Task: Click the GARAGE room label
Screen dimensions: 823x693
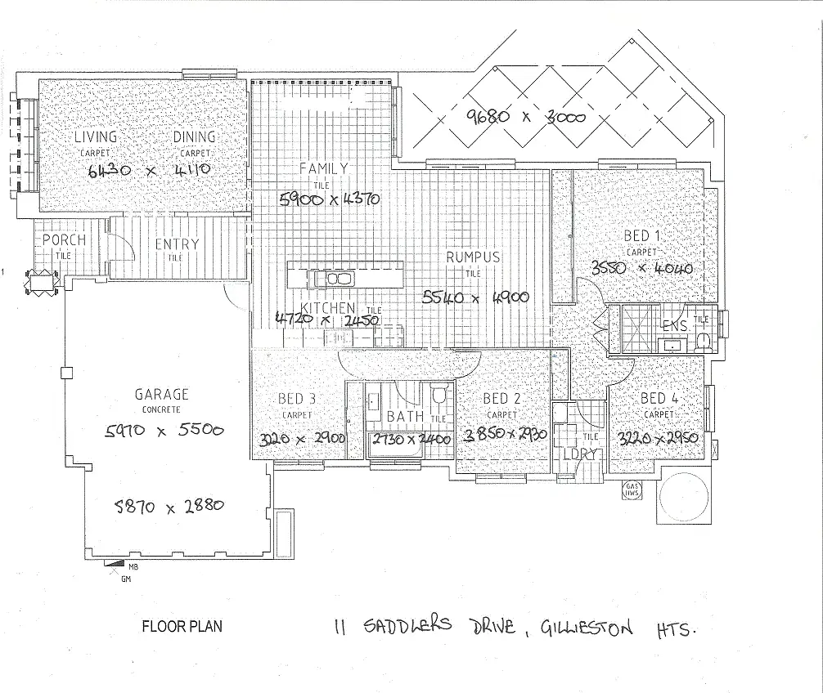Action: coord(161,394)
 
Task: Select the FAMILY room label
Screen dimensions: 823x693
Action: coord(323,169)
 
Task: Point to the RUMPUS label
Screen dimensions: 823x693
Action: coord(472,257)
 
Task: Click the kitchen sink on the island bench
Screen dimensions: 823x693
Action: coord(336,279)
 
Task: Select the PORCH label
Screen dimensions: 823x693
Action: coord(64,241)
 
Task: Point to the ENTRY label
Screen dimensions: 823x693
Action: coord(177,244)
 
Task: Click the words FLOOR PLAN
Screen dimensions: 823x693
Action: coord(182,628)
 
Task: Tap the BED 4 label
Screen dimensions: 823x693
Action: coord(659,398)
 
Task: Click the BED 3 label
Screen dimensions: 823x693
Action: coord(297,399)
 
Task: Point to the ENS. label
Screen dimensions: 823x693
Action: coord(673,327)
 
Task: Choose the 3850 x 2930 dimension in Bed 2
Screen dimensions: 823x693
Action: coord(505,436)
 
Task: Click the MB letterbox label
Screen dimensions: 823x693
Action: coord(133,565)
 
